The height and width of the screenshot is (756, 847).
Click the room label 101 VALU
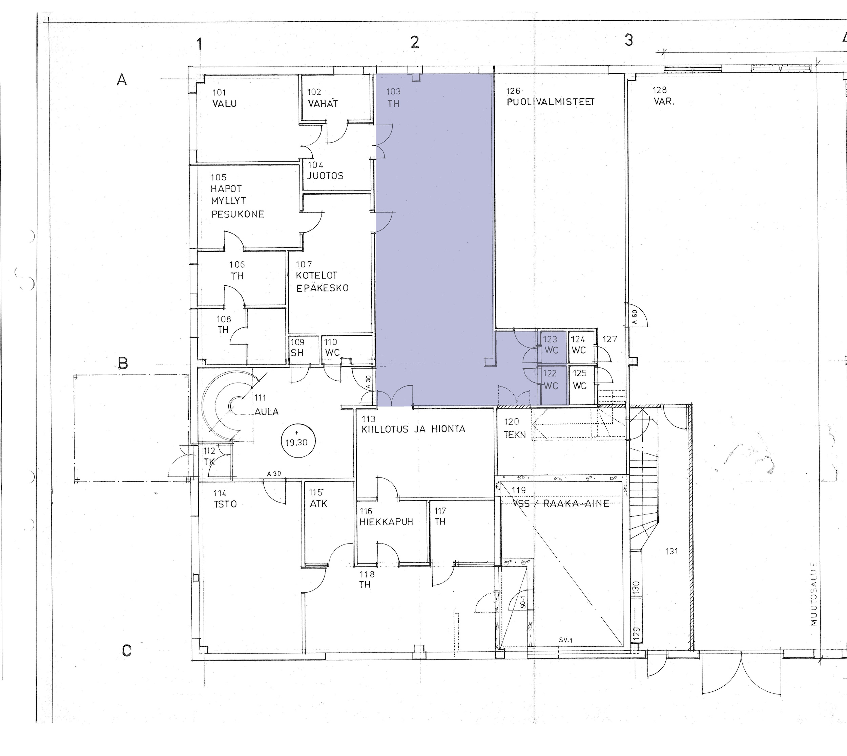click(225, 98)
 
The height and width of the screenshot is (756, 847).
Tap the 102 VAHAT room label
click(323, 98)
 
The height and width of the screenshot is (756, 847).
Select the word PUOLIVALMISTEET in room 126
click(551, 102)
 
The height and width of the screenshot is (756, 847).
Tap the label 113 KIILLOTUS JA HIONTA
click(413, 424)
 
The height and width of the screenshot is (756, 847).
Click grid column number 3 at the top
click(629, 40)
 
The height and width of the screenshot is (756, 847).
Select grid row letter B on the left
click(123, 363)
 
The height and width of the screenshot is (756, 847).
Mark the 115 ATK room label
click(318, 498)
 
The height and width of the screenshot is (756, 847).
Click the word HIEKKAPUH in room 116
click(386, 522)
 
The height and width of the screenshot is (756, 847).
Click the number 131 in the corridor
click(672, 551)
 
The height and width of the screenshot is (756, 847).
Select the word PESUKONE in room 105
click(237, 214)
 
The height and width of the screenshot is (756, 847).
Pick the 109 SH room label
click(297, 347)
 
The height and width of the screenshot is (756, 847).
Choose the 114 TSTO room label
click(225, 498)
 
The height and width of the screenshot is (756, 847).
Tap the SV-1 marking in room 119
click(565, 640)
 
